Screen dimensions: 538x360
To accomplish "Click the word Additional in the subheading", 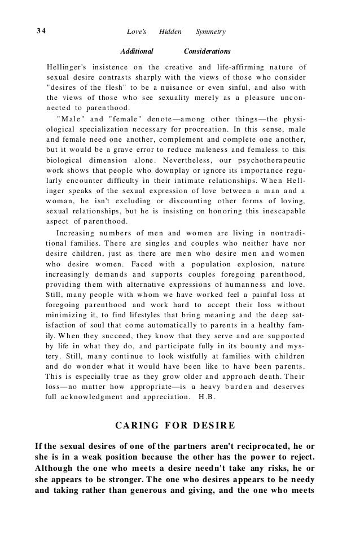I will pyautogui.click(x=138, y=51).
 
